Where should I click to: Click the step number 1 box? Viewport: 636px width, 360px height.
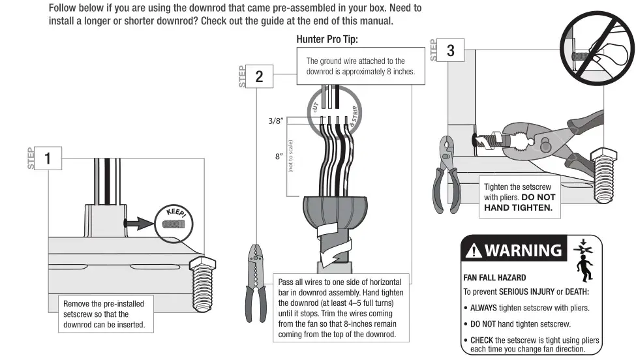(x=48, y=158)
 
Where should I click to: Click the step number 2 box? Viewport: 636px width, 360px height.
(x=259, y=77)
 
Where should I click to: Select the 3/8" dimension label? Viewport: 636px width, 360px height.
(x=277, y=121)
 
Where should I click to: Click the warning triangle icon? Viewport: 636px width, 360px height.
(x=473, y=250)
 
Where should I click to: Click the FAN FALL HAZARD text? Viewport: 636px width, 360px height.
(x=494, y=277)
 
